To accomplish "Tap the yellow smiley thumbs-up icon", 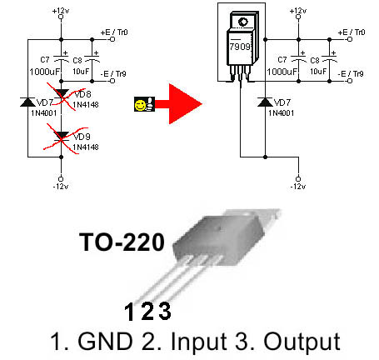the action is tap(144, 104).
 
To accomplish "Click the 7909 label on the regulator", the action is tap(240, 47).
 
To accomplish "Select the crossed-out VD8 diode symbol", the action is tap(61, 94).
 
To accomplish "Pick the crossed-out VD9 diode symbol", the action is tap(61, 137).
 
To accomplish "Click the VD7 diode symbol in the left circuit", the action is tap(27, 102).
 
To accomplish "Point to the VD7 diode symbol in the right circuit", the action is tap(265, 102).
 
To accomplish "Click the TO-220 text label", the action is tap(122, 242).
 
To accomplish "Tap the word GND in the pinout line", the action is tap(105, 342).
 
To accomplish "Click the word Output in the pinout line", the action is tap(302, 342).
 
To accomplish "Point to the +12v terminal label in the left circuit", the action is tap(61, 11).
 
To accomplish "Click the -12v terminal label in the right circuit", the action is tap(298, 187).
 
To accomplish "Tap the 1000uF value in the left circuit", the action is tap(45, 72).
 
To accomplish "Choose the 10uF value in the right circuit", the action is tap(318, 72).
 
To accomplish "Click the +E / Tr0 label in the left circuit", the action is tap(114, 32).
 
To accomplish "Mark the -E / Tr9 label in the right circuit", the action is tap(351, 74).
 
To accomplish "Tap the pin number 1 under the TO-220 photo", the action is tap(129, 312).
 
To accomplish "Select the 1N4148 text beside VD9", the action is tap(86, 147).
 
